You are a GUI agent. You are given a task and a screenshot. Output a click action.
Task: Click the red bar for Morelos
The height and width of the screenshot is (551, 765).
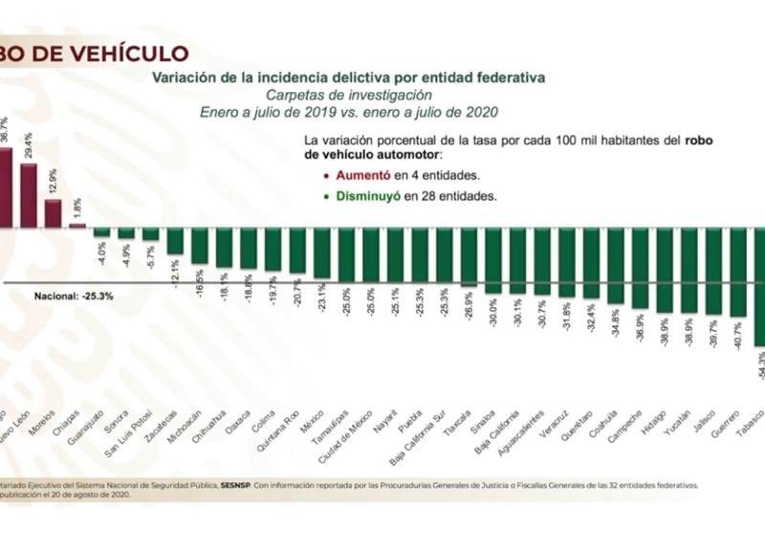pyautogui.click(x=54, y=213)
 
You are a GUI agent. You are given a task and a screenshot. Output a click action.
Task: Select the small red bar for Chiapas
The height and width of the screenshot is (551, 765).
pyautogui.click(x=77, y=226)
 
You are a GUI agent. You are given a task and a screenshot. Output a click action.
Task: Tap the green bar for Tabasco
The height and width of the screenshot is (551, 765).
pyautogui.click(x=759, y=286)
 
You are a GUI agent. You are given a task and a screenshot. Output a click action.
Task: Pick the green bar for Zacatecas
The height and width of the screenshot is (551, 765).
pyautogui.click(x=175, y=241)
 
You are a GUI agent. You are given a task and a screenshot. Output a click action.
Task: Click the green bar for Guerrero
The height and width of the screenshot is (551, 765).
pyautogui.click(x=736, y=272)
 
